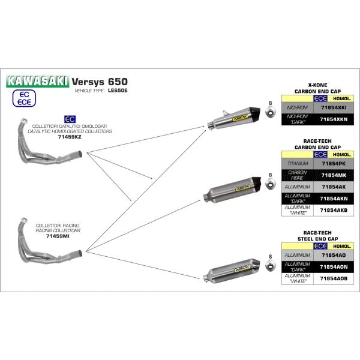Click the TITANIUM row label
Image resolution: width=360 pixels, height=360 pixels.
pos(298,163)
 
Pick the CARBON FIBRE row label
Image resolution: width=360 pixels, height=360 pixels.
pos(298,175)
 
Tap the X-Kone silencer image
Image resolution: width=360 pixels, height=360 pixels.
pos(233,116)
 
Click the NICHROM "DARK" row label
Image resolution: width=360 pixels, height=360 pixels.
pos(298,119)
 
